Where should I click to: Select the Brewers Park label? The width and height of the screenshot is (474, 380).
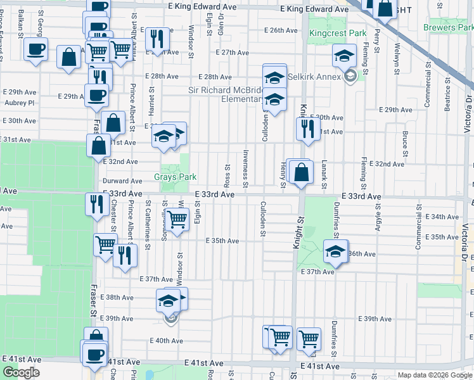coord(449,28)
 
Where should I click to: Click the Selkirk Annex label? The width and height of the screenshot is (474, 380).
coord(314,77)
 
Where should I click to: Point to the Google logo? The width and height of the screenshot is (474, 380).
coord(21,372)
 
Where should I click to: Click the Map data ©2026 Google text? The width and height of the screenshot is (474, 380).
coord(435,375)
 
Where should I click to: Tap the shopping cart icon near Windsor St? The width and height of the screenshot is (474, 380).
coord(177,219)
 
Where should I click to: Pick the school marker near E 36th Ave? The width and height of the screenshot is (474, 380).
coord(335,251)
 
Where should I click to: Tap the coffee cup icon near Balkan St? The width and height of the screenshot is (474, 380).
coord(36,49)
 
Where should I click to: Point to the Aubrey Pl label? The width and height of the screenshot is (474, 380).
coord(18,102)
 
